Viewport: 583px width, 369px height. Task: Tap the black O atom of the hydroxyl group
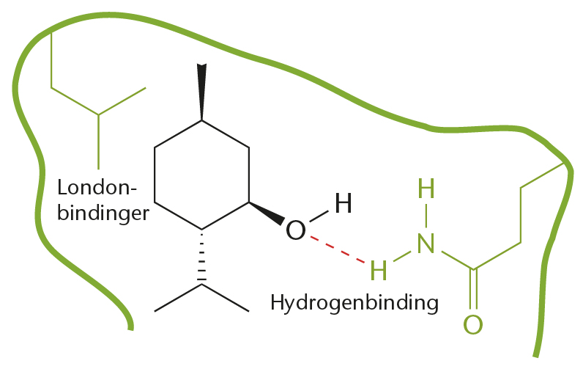296,230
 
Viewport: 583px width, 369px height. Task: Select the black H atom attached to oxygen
342,202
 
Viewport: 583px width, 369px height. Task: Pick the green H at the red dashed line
378,270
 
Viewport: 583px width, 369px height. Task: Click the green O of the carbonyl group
473,323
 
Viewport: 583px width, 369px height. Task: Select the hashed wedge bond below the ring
202,257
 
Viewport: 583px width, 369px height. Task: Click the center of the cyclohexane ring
201,175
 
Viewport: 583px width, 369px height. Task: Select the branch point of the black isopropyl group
202,285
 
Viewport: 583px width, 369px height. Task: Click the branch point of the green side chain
98,114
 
